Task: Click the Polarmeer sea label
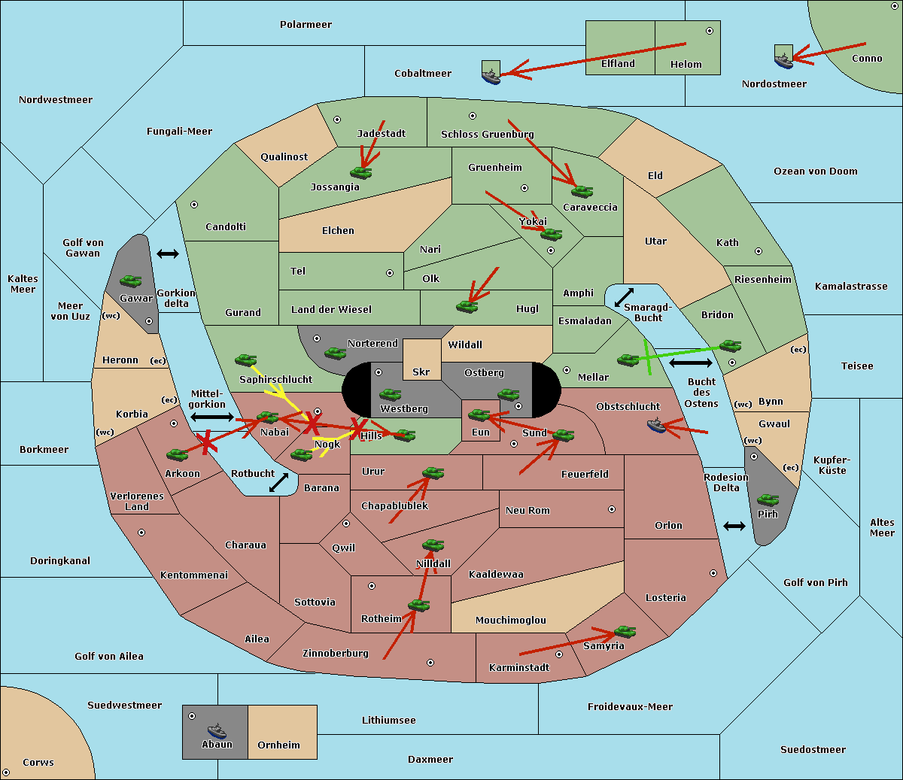(306, 25)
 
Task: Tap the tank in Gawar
(131, 281)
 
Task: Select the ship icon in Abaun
(217, 730)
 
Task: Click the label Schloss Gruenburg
(487, 134)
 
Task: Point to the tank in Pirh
(768, 499)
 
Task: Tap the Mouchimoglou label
(511, 620)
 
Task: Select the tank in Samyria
(625, 632)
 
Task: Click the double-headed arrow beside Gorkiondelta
(168, 253)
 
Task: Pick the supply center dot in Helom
(710, 31)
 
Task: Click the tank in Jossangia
(361, 172)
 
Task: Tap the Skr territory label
(421, 372)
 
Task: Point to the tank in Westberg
(390, 395)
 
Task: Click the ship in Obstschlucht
(656, 426)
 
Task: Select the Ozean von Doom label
(815, 171)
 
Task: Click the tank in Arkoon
(178, 455)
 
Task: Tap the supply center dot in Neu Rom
(612, 509)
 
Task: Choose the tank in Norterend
(335, 354)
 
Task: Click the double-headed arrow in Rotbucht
(278, 483)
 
